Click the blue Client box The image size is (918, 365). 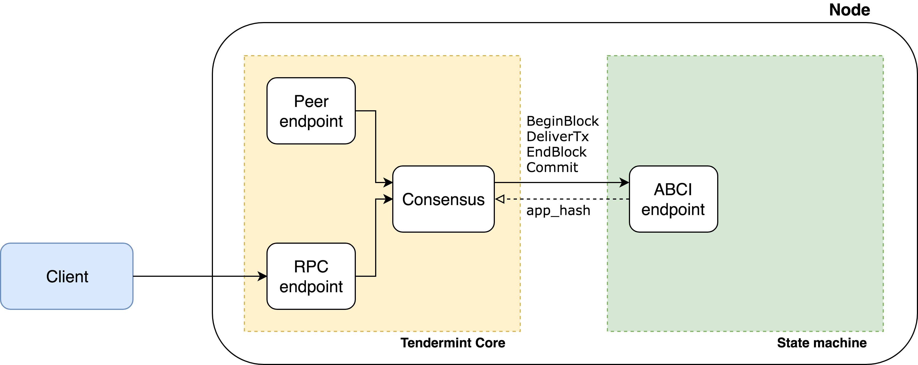coord(67,276)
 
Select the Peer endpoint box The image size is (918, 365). coord(311,111)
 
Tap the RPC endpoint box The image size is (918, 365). coord(311,276)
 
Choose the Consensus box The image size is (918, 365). coord(443,199)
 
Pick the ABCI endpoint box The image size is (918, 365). coord(673,199)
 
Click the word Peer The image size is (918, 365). coord(311,101)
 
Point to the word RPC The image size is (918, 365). coord(311,267)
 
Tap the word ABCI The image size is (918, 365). coord(673,189)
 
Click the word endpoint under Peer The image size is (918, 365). coord(311,121)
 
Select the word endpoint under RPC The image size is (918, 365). coord(311,287)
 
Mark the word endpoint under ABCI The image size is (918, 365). coord(673,210)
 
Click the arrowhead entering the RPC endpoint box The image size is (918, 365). coord(262,276)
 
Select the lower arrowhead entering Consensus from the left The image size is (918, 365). coord(388,199)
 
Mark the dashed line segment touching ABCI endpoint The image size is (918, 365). coord(618,199)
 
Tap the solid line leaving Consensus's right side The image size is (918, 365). coord(508,182)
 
